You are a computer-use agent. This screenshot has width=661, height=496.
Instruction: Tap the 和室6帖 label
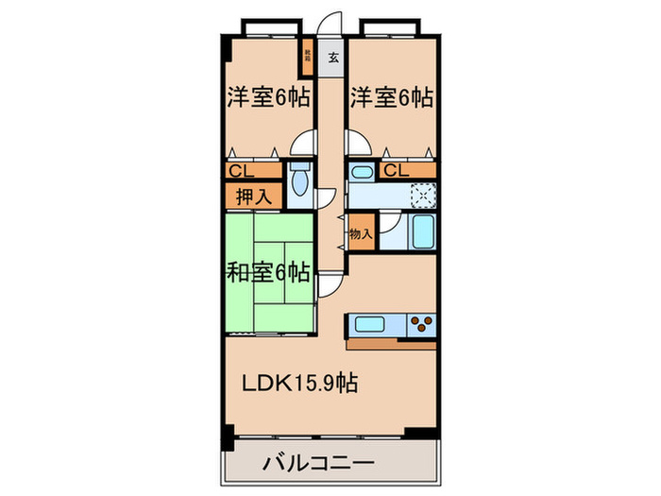coord(268,274)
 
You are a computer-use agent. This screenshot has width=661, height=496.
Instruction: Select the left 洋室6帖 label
coord(268,96)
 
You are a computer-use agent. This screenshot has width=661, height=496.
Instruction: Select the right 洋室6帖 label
coord(392,96)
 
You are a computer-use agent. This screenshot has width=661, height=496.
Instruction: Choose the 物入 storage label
coord(360,232)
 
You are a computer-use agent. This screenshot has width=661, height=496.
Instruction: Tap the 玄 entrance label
coord(332,58)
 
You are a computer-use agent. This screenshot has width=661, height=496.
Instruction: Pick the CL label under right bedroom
coord(395,171)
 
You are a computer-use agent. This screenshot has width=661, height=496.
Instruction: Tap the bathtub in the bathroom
coord(422,231)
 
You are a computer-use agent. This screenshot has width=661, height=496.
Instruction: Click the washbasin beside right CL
coord(360,173)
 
